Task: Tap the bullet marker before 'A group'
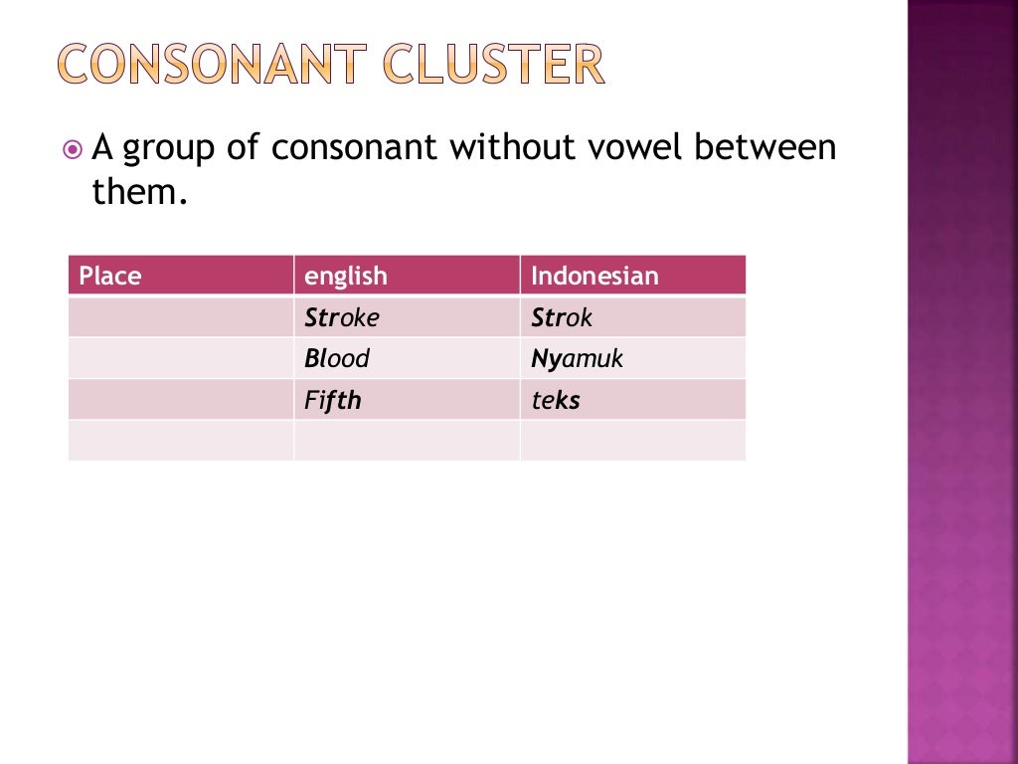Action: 72,150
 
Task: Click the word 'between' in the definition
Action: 765,148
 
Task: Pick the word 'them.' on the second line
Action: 139,192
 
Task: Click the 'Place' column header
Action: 110,276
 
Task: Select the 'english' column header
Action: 346,276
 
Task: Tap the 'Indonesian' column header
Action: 594,276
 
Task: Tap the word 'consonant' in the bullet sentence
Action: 354,148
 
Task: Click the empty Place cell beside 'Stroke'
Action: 181,318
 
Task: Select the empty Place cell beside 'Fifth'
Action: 181,400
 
